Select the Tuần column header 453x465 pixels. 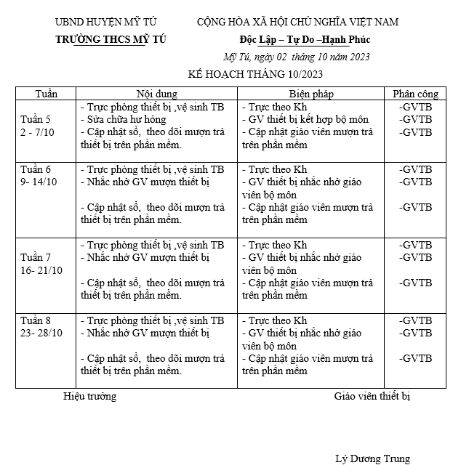pos(46,94)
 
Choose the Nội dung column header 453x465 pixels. pos(156,94)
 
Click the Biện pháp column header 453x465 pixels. pos(310,94)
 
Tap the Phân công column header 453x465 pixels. pos(415,94)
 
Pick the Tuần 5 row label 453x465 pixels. pos(36,119)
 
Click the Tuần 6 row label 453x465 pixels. pos(36,169)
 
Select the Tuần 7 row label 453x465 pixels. pos(36,256)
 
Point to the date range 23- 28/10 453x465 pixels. pos(42,333)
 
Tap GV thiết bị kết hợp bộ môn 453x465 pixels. pos(305,119)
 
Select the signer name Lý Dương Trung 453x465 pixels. pos(372,458)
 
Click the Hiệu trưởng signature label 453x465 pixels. pos(89,396)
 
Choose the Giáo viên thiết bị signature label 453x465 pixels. pos(372,396)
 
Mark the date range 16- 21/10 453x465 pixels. pos(42,270)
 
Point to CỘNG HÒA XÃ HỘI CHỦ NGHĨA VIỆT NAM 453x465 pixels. pos(297,23)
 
